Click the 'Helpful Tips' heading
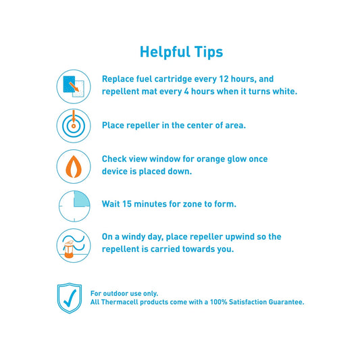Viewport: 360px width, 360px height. tap(180, 52)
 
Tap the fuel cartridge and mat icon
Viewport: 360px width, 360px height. tap(73, 86)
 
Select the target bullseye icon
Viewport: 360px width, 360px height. tap(73, 125)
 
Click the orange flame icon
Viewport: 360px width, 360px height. tap(73, 165)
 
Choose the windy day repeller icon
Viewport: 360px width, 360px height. tap(73, 245)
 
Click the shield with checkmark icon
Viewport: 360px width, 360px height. tap(70, 298)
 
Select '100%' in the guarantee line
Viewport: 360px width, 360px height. tap(227, 302)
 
